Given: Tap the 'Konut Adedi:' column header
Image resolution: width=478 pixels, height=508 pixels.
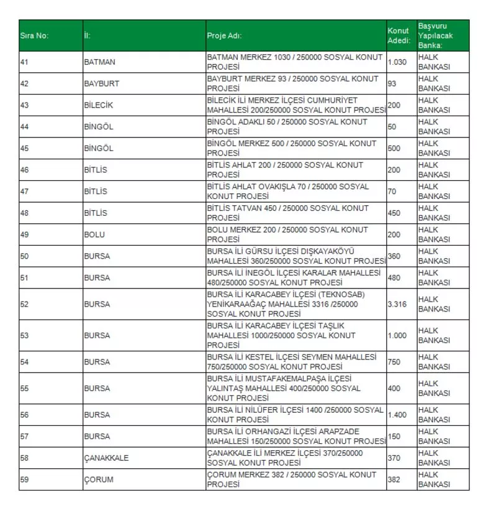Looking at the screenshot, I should click(x=399, y=35).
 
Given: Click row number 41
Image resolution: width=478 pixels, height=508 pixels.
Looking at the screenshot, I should click(x=25, y=62).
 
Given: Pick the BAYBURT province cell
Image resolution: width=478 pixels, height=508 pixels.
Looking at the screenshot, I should click(x=101, y=83).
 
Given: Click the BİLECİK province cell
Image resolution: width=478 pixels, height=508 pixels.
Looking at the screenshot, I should click(x=98, y=105).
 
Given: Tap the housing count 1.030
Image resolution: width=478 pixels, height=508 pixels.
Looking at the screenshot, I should click(x=397, y=62).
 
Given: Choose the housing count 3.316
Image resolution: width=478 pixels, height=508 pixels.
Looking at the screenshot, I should click(x=397, y=304).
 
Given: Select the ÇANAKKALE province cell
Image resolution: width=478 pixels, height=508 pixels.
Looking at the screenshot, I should click(x=106, y=458).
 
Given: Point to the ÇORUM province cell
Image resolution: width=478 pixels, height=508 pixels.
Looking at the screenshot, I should click(x=99, y=479).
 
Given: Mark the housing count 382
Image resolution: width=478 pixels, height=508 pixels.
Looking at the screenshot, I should click(x=395, y=479).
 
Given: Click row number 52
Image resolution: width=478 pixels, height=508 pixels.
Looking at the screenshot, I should click(x=25, y=304).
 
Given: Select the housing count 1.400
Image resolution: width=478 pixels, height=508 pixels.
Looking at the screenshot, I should click(x=397, y=415).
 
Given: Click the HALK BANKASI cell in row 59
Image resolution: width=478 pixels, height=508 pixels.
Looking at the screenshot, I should click(x=434, y=479).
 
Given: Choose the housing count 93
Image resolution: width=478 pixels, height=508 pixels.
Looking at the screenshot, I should click(x=392, y=83).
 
